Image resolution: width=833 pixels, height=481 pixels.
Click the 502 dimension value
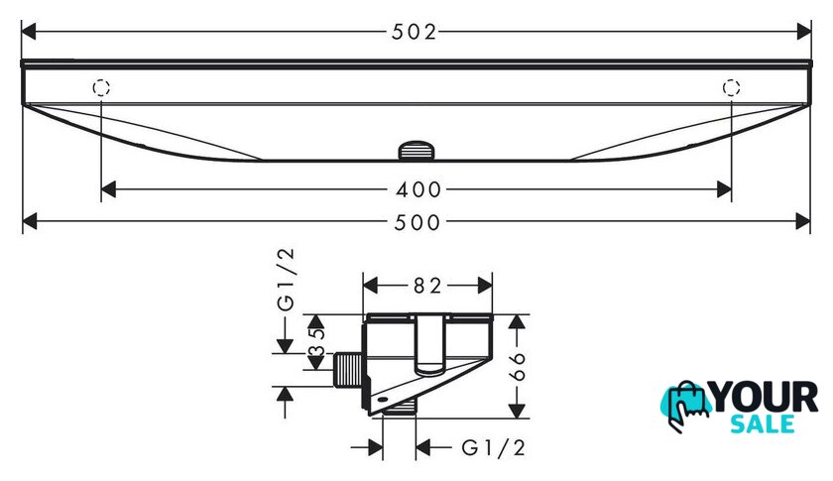point(414,32)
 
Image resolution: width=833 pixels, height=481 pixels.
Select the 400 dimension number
point(418,189)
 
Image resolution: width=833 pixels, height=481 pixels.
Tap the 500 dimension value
point(417,222)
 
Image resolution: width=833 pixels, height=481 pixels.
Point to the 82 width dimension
point(427,286)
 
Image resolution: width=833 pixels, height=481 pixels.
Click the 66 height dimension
point(517,366)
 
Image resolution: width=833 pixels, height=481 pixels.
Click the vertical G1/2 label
point(286,280)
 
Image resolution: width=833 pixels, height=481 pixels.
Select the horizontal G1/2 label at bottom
point(494,448)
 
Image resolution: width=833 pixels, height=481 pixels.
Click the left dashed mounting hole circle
point(101,87)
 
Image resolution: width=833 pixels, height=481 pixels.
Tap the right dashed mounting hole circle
point(732,87)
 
